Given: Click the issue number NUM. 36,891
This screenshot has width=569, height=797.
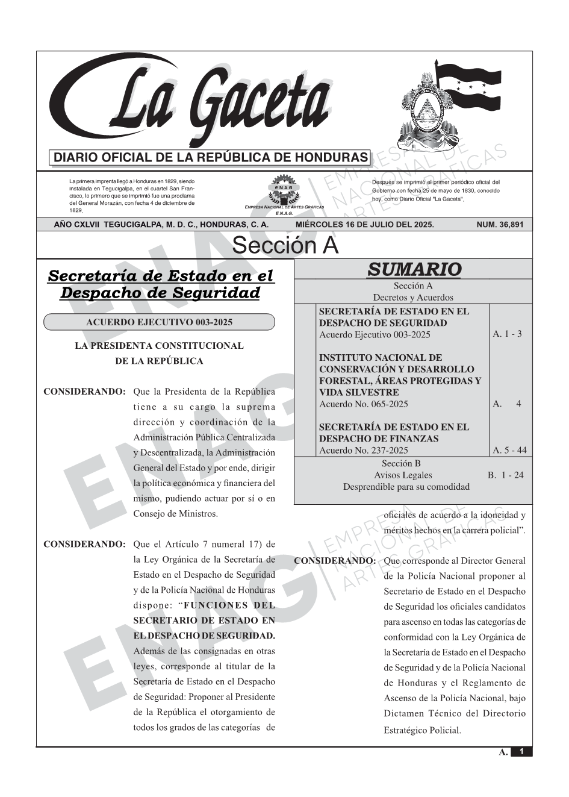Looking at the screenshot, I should click(500, 225).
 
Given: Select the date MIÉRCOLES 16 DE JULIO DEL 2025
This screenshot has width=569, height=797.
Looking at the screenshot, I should click(364, 225).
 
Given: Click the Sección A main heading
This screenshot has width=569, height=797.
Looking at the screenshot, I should click(285, 246).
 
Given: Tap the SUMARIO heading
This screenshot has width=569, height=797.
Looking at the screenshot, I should click(414, 269).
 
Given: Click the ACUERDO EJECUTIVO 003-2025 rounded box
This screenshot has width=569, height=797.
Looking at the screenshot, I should click(159, 322).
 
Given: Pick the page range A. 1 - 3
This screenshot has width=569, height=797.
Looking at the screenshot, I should click(507, 334).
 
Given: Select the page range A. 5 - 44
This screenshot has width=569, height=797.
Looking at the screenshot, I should click(509, 450).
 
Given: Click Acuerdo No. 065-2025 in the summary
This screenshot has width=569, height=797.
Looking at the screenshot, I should click(364, 404).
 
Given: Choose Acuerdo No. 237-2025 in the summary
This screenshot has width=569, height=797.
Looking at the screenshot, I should click(364, 450).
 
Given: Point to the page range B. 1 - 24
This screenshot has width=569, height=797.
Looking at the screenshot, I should click(505, 475).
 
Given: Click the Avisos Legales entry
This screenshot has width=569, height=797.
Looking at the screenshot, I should click(403, 475).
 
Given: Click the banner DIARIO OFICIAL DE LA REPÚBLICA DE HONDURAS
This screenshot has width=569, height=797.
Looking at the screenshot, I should click(211, 158).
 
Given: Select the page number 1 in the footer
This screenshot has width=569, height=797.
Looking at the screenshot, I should click(521, 752).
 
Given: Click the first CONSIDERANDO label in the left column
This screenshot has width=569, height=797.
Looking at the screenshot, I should click(84, 392).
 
